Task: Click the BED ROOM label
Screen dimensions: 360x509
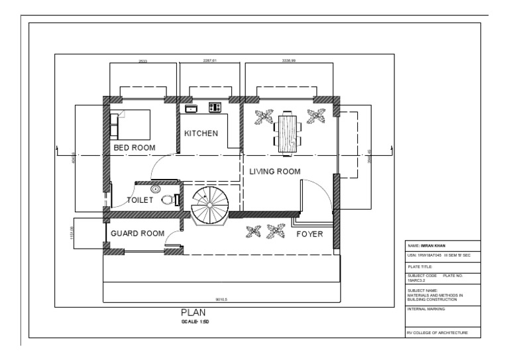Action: pos(134,148)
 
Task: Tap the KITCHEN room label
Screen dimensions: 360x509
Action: pos(201,133)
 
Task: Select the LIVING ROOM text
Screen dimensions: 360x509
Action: pos(274,171)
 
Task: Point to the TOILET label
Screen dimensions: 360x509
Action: pos(140,200)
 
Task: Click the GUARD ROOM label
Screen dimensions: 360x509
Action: pos(137,233)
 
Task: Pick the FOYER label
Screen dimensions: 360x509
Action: pos(310,233)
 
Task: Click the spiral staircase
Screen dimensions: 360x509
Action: pos(209,206)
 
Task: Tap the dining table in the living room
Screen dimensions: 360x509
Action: pos(286,133)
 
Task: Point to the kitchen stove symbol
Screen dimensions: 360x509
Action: pos(215,106)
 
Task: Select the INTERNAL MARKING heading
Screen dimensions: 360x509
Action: pos(427,308)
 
